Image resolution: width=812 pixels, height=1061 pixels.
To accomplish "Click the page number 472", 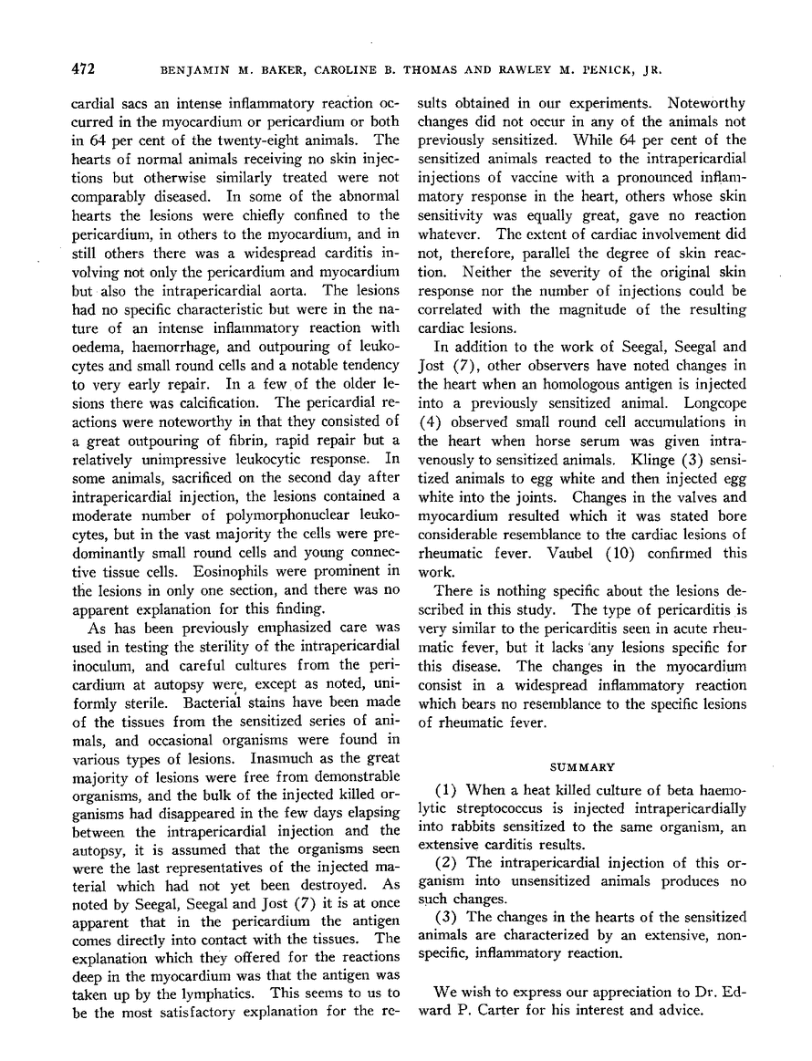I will (85, 68).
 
